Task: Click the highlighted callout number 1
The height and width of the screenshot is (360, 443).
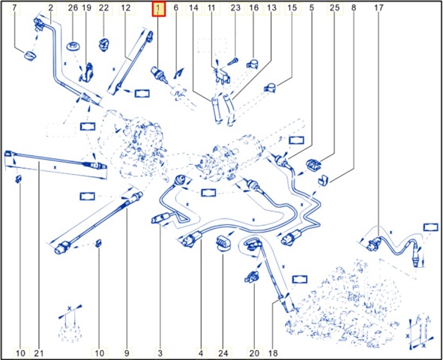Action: [x=158, y=8]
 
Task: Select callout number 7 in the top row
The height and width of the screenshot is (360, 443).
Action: [x=16, y=8]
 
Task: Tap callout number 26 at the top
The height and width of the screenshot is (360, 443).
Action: [x=73, y=8]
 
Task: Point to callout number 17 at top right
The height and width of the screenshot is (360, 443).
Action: [x=379, y=8]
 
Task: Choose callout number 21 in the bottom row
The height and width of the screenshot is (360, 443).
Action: [x=39, y=353]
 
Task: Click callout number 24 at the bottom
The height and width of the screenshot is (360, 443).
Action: [x=223, y=353]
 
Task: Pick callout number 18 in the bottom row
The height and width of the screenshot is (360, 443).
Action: [x=273, y=353]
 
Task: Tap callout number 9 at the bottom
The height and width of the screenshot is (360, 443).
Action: [x=127, y=353]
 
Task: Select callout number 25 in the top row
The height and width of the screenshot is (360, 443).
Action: [x=334, y=8]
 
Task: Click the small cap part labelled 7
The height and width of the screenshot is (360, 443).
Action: [x=29, y=55]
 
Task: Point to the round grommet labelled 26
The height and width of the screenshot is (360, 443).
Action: [x=73, y=46]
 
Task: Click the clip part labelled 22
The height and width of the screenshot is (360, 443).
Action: [x=103, y=44]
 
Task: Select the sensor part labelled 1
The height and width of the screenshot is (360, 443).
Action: [x=158, y=73]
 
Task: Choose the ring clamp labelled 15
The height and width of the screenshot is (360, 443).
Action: [x=271, y=88]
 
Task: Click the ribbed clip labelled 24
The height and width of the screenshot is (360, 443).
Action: [x=223, y=243]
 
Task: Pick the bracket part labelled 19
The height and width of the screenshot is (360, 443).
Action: [x=87, y=72]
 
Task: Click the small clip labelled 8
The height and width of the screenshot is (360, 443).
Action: [x=322, y=180]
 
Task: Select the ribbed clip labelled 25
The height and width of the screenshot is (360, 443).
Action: [x=313, y=165]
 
